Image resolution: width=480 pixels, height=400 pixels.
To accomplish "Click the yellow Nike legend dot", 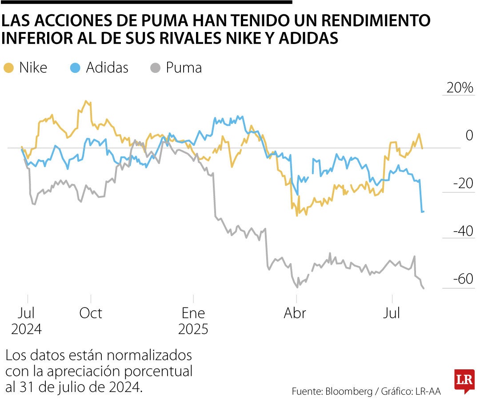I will pyautogui.click(x=8, y=68).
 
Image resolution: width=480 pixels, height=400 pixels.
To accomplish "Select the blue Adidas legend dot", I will pyautogui.click(x=76, y=68).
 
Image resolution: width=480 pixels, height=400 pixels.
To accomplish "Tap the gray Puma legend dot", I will pyautogui.click(x=155, y=68).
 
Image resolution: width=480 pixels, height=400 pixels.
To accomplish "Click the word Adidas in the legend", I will pyautogui.click(x=107, y=68).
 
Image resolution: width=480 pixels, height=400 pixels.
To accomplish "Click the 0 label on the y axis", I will pyautogui.click(x=469, y=136).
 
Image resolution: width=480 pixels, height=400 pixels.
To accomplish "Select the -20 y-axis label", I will pyautogui.click(x=463, y=184).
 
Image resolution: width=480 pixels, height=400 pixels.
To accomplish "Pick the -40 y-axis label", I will pyautogui.click(x=463, y=232).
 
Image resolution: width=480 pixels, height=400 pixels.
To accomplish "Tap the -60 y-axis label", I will pyautogui.click(x=463, y=280).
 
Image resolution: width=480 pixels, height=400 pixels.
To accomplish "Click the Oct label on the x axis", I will pyautogui.click(x=91, y=313).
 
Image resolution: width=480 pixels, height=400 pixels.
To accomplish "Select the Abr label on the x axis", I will pyautogui.click(x=295, y=313).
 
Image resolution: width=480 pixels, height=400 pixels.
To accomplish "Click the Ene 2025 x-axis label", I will pyautogui.click(x=193, y=321).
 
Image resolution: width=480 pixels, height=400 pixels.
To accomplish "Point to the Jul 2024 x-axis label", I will pyautogui.click(x=27, y=321).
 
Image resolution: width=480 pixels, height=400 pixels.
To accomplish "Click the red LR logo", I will pyautogui.click(x=464, y=381).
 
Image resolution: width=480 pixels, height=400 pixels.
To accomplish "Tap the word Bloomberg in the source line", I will pyautogui.click(x=349, y=391).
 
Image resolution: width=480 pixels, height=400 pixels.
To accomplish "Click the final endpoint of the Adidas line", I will pyautogui.click(x=423, y=211).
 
